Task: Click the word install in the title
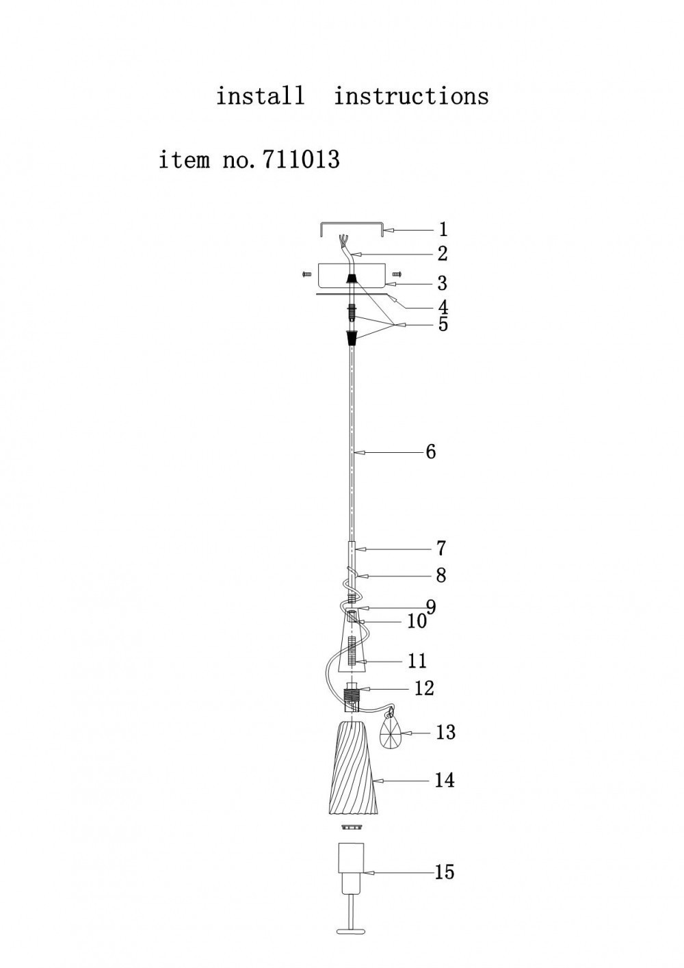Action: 260,96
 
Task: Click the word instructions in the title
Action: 411,96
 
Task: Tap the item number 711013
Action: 301,159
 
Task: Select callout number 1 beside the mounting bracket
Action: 443,229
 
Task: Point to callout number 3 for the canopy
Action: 442,283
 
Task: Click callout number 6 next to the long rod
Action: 431,452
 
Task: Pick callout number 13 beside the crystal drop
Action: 446,732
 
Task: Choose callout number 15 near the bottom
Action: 445,872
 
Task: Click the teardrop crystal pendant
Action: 391,733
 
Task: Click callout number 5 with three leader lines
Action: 443,324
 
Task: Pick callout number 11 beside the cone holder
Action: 417,661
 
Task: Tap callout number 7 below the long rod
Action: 440,549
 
